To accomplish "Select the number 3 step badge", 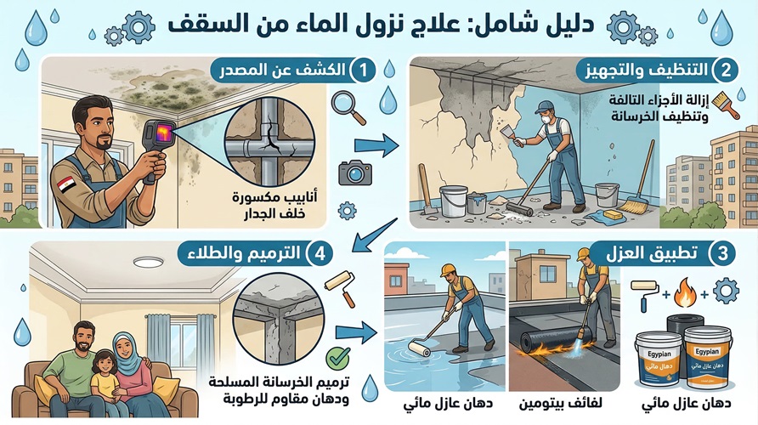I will pyautogui.click(x=725, y=254).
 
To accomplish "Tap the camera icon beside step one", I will pyautogui.click(x=353, y=173).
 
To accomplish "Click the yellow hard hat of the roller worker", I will pyautogui.click(x=448, y=270).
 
